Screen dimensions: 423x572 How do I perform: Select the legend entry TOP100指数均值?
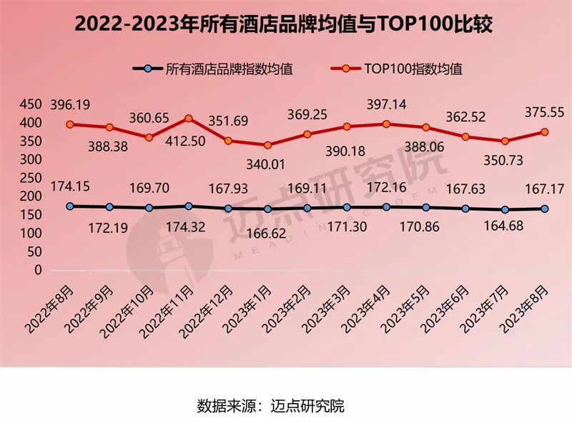404,69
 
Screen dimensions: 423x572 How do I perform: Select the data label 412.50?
188,141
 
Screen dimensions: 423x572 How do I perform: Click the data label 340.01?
266,164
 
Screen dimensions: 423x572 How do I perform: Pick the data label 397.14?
386,104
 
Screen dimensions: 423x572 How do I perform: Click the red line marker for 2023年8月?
544,132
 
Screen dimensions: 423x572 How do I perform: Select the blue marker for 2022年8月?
70,206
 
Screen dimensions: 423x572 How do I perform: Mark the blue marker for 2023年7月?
505,210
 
